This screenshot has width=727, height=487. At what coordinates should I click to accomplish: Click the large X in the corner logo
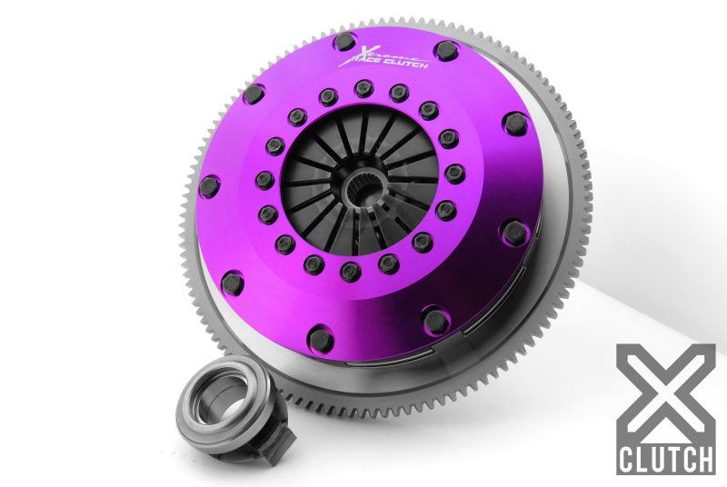click(665, 391)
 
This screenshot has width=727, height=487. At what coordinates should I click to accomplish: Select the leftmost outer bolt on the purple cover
click(209, 186)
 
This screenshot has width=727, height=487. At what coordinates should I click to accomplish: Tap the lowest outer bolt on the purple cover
click(322, 340)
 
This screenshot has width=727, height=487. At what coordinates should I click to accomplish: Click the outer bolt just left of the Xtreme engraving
click(344, 41)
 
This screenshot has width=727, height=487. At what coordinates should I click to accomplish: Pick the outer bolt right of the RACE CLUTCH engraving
click(445, 51)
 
